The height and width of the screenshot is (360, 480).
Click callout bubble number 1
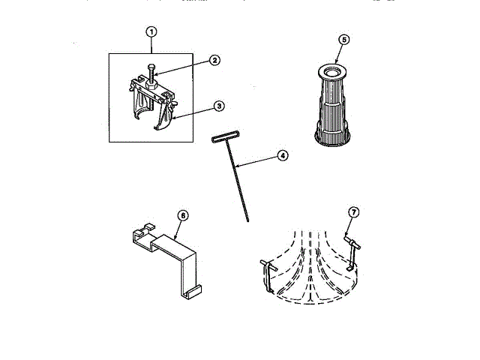[x=151, y=31]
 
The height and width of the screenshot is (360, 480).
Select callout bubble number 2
[x=214, y=61]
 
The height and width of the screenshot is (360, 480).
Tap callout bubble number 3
[x=218, y=106]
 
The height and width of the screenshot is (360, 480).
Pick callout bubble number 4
[x=282, y=155]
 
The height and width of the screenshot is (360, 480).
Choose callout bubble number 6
[x=182, y=215]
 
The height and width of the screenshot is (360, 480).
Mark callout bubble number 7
[x=355, y=212]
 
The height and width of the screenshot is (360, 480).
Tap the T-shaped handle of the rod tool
[x=223, y=139]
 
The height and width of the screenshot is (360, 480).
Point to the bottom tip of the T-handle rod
[x=247, y=220]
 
